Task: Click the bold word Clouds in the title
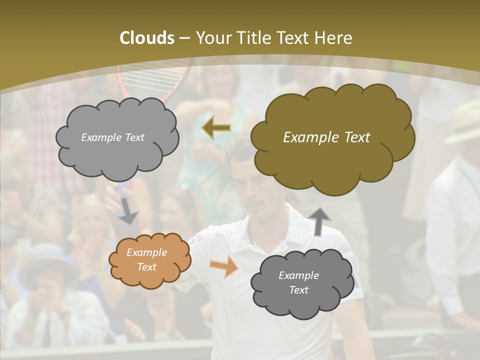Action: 146,37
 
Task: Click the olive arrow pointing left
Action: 216,128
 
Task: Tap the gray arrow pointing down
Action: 128,212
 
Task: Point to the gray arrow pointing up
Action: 320,221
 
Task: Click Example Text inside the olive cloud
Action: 326,137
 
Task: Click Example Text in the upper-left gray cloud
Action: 112,137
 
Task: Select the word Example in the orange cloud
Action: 146,253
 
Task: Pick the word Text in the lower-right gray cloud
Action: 298,290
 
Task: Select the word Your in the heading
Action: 212,37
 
